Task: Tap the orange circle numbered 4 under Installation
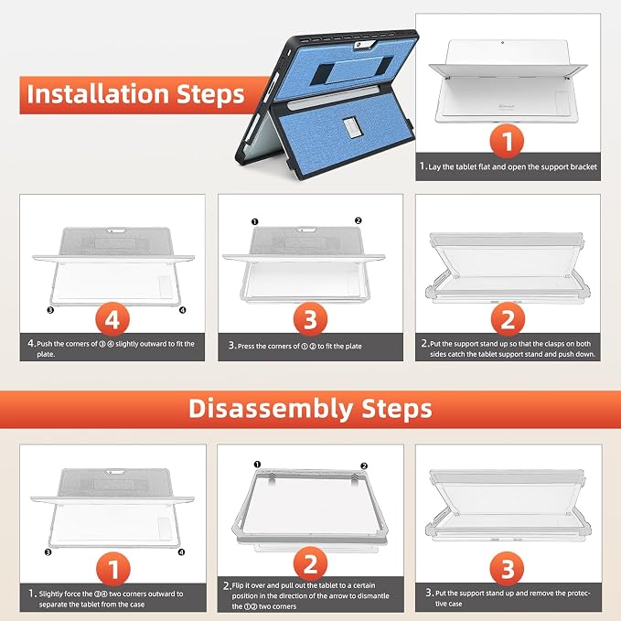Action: click(x=112, y=319)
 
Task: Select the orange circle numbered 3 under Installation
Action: click(x=310, y=319)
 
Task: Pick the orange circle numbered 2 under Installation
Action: click(x=508, y=319)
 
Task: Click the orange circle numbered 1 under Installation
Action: click(x=507, y=142)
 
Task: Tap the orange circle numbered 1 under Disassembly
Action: click(x=112, y=569)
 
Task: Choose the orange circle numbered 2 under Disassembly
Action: click(x=310, y=564)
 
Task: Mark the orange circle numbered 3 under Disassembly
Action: click(x=508, y=569)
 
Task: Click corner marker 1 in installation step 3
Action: click(x=254, y=221)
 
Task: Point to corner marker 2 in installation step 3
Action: click(x=358, y=220)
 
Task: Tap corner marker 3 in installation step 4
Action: click(x=50, y=310)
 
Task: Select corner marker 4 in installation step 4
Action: click(x=182, y=310)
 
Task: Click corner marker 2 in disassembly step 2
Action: click(x=364, y=466)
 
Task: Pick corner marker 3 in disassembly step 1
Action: click(x=48, y=552)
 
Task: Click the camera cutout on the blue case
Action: click(x=364, y=44)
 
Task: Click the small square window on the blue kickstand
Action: click(x=351, y=128)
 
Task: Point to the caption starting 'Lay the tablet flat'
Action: click(x=509, y=166)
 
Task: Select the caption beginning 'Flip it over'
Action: click(x=306, y=595)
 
